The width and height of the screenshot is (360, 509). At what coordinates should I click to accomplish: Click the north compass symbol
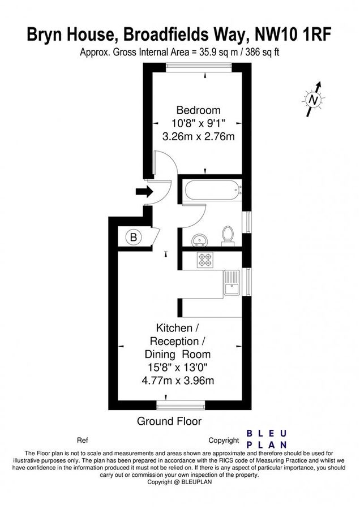[x=313, y=99]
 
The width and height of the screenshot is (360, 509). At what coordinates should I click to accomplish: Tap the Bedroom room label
[x=198, y=110]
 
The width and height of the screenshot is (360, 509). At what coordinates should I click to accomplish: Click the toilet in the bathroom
[x=228, y=235]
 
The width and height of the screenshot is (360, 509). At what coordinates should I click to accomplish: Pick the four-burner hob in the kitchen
[x=205, y=260]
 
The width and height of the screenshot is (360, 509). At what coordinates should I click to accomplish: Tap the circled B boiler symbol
[x=134, y=238]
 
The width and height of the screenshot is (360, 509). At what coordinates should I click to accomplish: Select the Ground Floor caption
[x=169, y=421]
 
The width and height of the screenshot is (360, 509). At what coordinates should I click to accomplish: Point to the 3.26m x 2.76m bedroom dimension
[x=198, y=136]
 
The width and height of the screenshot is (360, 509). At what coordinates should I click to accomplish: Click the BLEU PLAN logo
[x=267, y=439]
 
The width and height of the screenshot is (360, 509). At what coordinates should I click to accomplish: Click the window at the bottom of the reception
[x=181, y=406]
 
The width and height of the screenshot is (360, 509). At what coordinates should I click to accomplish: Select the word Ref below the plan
[x=82, y=440]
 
